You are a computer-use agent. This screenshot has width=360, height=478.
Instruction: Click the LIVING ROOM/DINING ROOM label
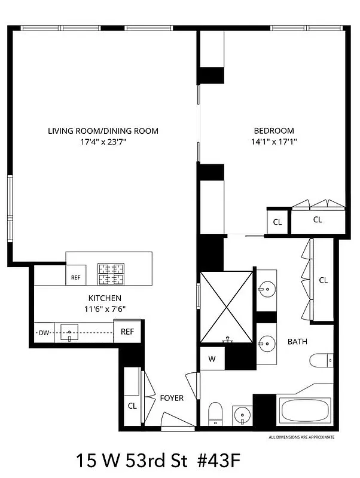tap(103, 131)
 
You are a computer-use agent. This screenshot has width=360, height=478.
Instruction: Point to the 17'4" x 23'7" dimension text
tap(103, 142)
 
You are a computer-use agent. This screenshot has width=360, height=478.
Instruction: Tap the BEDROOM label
tap(274, 131)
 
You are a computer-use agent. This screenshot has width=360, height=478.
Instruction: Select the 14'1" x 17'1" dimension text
tap(274, 142)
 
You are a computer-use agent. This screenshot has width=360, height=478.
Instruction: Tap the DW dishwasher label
tap(42, 332)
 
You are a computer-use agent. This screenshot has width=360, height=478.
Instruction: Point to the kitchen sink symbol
tap(69, 332)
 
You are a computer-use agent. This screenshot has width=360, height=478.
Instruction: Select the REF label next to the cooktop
tap(75, 277)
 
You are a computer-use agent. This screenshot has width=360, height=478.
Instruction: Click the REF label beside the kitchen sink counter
tap(127, 332)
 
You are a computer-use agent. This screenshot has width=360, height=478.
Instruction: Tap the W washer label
tap(212, 359)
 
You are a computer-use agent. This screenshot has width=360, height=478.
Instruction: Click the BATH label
tap(297, 342)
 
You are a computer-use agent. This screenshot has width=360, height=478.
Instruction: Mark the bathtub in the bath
tap(305, 410)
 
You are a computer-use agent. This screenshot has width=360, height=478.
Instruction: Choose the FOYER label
tap(172, 398)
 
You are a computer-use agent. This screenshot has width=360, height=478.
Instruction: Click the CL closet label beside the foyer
tap(132, 405)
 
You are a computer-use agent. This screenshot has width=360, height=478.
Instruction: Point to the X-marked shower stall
tap(227, 306)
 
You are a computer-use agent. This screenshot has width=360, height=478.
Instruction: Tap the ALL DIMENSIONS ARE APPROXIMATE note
tap(302, 437)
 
